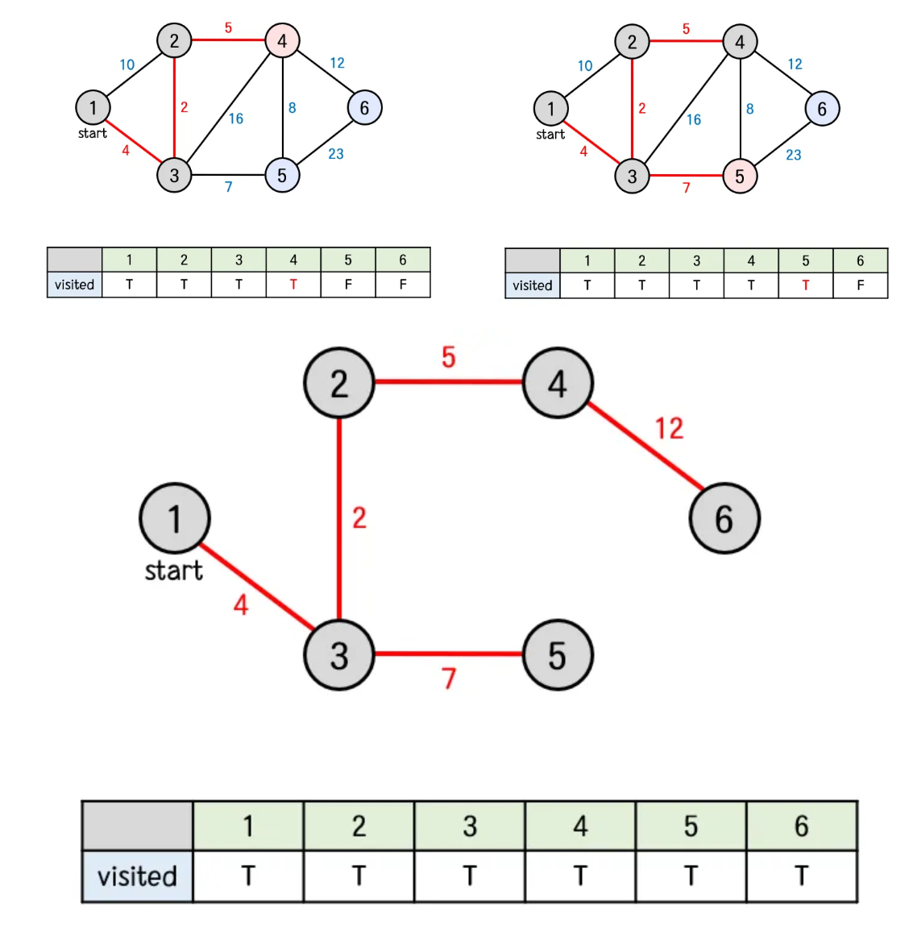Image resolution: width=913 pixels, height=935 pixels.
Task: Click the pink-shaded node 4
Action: (x=282, y=40)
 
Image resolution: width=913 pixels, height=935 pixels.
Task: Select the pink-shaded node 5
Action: (x=740, y=176)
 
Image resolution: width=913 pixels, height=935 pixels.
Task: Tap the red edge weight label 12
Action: (x=669, y=428)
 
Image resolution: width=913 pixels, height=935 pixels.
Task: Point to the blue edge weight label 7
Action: (x=229, y=187)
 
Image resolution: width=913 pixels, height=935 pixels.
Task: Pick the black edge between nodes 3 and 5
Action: (x=228, y=175)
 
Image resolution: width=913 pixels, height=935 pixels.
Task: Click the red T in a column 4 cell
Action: (x=293, y=285)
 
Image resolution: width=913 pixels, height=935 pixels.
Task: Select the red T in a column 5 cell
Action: (x=806, y=285)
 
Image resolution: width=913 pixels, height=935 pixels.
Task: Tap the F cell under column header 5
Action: (x=348, y=285)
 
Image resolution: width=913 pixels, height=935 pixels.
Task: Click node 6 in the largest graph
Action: (x=724, y=518)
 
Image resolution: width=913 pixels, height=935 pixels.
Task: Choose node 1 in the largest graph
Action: (x=175, y=518)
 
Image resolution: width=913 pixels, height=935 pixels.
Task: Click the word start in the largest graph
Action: (x=173, y=571)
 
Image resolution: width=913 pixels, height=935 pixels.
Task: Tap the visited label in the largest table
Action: (x=137, y=876)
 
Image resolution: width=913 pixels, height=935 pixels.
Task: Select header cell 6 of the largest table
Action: (x=801, y=826)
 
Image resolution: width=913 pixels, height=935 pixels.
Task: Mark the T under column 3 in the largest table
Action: (x=470, y=876)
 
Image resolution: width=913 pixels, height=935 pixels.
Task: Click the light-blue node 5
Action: (x=282, y=175)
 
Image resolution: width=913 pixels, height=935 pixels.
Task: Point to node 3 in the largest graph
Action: (x=339, y=654)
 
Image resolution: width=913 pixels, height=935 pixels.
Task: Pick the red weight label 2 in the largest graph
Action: (x=359, y=517)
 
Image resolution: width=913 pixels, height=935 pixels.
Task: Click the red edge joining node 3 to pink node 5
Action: (x=685, y=175)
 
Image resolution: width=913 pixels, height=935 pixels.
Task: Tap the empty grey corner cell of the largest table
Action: (x=137, y=826)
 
